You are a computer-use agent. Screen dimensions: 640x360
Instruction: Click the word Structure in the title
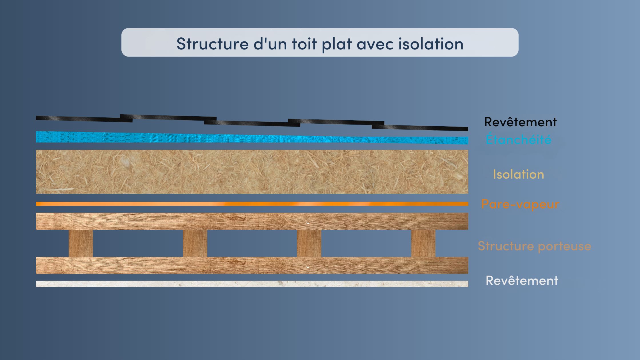click(213, 44)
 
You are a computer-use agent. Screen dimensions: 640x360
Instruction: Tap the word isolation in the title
click(431, 44)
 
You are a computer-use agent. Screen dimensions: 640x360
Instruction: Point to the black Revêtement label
click(520, 122)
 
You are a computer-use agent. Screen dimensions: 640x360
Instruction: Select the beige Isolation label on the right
click(519, 174)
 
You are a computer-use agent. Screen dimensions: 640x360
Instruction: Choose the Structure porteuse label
click(534, 246)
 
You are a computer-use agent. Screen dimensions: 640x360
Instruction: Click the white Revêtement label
click(522, 281)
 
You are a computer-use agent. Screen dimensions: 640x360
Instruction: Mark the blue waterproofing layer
click(252, 138)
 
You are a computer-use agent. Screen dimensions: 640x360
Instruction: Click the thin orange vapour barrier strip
click(252, 204)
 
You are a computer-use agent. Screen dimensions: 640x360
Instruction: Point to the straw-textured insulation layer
click(252, 172)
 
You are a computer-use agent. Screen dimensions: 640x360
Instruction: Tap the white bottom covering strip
click(252, 284)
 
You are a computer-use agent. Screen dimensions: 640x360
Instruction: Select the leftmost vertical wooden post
click(81, 243)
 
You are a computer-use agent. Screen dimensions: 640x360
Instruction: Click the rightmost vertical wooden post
click(423, 243)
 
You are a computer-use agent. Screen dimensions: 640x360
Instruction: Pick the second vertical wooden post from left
click(195, 243)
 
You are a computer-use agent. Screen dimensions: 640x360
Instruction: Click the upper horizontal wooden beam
click(252, 221)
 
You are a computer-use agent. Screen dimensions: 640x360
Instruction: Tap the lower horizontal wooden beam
click(252, 265)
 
